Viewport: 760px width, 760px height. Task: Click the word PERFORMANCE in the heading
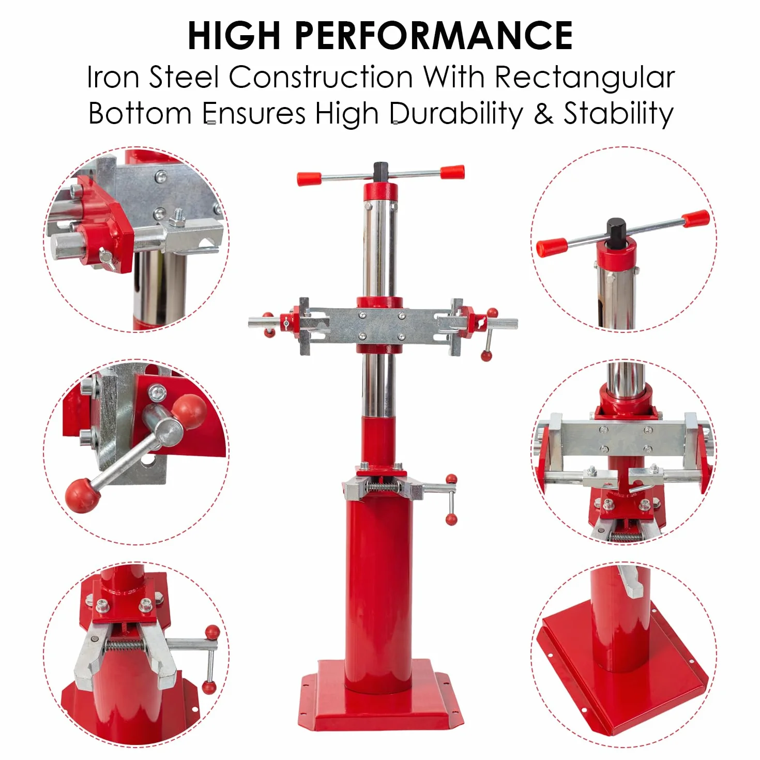[x=434, y=36]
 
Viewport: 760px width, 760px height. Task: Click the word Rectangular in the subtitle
[x=585, y=77]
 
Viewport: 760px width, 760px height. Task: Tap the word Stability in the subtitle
[x=618, y=114]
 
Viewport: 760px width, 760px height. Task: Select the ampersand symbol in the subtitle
[x=543, y=114]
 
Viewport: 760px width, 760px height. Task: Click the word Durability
[x=457, y=114]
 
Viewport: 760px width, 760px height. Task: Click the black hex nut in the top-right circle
[x=616, y=233]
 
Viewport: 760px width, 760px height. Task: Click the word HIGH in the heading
[x=234, y=36]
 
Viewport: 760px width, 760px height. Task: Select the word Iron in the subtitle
[x=113, y=77]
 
